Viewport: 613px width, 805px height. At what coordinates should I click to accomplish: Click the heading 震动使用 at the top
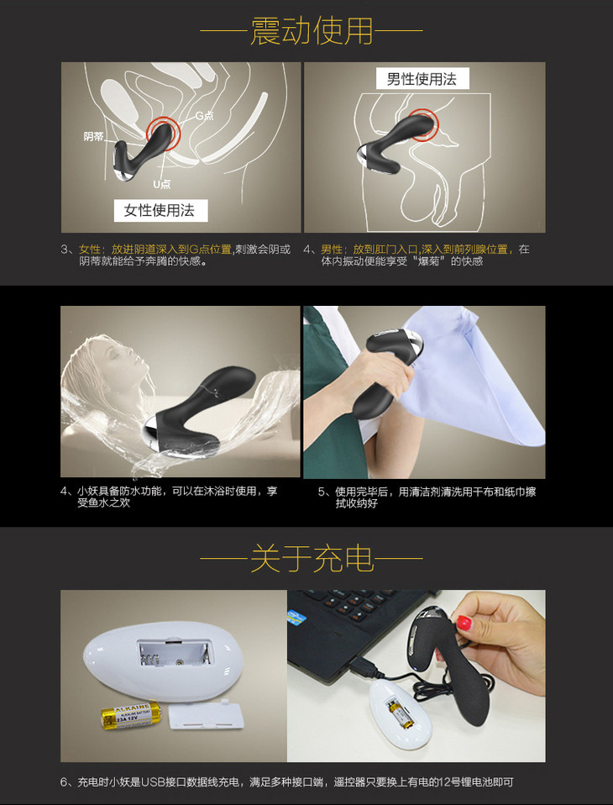pyautogui.click(x=312, y=31)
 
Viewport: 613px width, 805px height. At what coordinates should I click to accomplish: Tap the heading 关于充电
pyautogui.click(x=312, y=559)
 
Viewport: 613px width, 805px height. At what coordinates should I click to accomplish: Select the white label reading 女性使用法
pyautogui.click(x=160, y=210)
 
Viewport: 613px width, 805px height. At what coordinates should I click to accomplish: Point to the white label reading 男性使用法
pyautogui.click(x=422, y=79)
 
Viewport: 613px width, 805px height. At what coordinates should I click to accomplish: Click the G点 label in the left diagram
pyautogui.click(x=204, y=115)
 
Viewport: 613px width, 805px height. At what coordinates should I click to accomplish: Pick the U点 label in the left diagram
pyautogui.click(x=161, y=184)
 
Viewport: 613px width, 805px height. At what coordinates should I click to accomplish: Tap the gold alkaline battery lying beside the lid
pyautogui.click(x=131, y=715)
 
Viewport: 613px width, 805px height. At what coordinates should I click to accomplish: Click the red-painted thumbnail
pyautogui.click(x=464, y=622)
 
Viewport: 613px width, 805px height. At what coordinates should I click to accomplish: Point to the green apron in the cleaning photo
pyautogui.click(x=328, y=390)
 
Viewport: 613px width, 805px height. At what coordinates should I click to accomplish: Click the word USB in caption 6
pyautogui.click(x=155, y=782)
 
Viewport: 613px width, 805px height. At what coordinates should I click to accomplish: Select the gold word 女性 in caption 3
pyautogui.click(x=90, y=250)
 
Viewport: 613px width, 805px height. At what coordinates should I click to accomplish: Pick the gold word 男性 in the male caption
pyautogui.click(x=332, y=250)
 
